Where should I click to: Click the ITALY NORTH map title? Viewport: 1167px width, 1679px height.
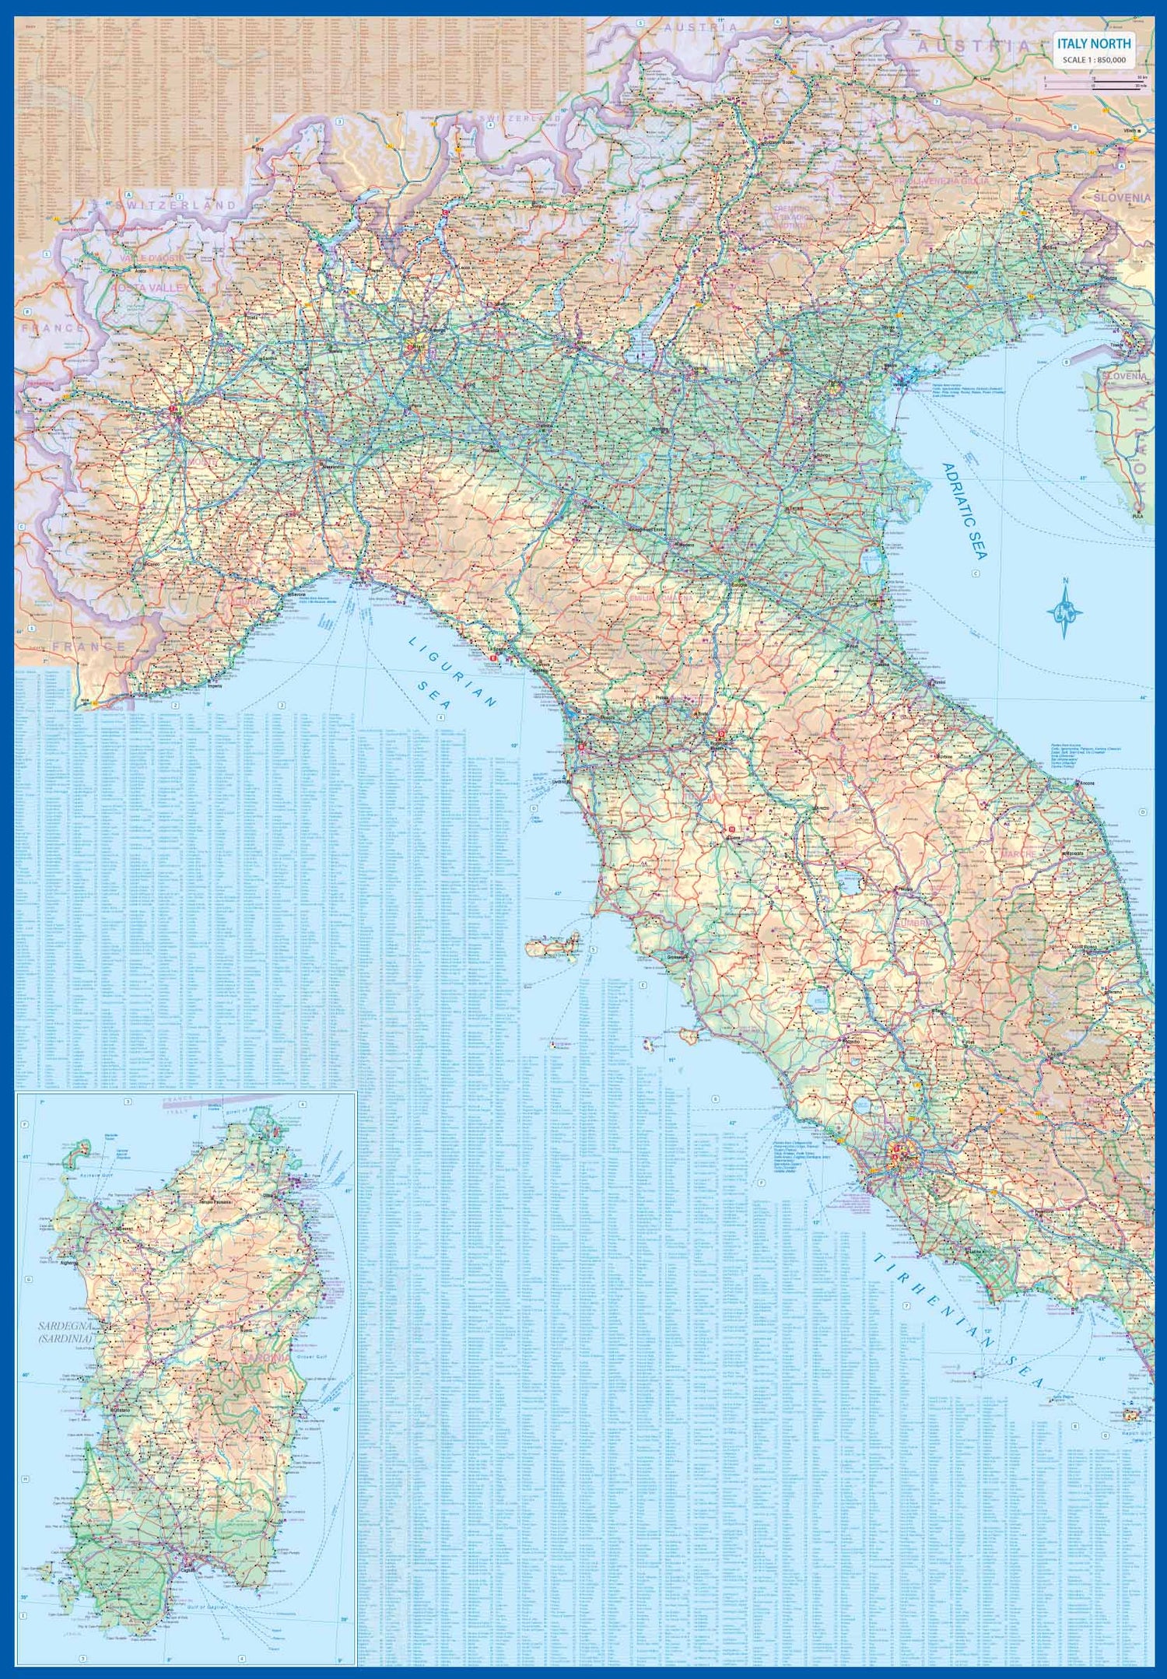(1093, 44)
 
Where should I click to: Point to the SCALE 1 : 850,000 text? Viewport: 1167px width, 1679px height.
(1093, 60)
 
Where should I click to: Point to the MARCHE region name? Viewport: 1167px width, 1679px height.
(1018, 854)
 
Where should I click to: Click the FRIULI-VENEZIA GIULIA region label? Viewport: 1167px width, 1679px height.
(941, 181)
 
